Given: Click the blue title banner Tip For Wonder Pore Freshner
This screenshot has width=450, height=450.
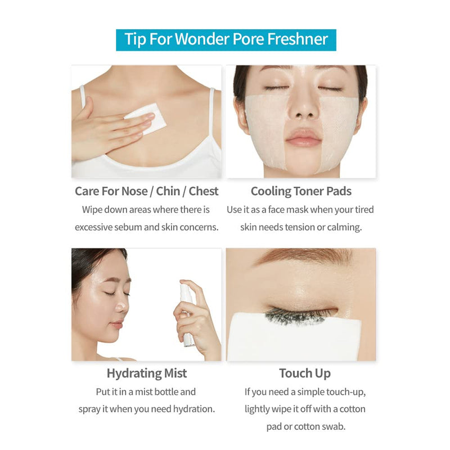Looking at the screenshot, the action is [x=226, y=40].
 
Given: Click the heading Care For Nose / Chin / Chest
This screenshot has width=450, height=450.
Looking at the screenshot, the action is [x=147, y=191].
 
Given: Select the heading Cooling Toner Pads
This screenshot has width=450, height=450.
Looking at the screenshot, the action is [x=301, y=191].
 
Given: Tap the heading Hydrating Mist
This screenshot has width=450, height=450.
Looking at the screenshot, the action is [x=147, y=373].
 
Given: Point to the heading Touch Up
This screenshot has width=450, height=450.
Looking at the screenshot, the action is [x=305, y=373].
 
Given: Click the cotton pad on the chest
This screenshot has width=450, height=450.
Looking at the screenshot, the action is [x=146, y=119].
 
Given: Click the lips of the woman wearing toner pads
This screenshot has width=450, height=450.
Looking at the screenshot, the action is [x=303, y=138].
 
